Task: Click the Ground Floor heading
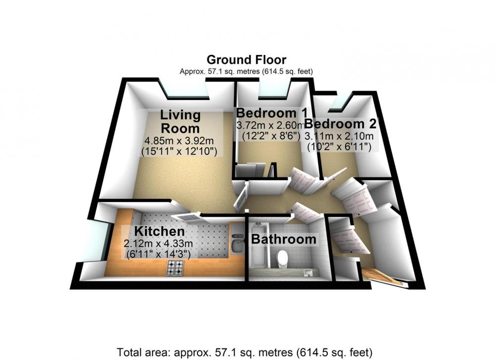246,59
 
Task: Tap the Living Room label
180,122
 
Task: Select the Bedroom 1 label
272,113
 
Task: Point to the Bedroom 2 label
341,124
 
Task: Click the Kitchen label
159,231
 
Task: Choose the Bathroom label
284,239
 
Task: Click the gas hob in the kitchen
175,268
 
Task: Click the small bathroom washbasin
308,272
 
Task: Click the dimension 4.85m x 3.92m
179,140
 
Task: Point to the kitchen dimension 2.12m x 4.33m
158,244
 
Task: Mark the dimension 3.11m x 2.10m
339,136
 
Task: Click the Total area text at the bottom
245,352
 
